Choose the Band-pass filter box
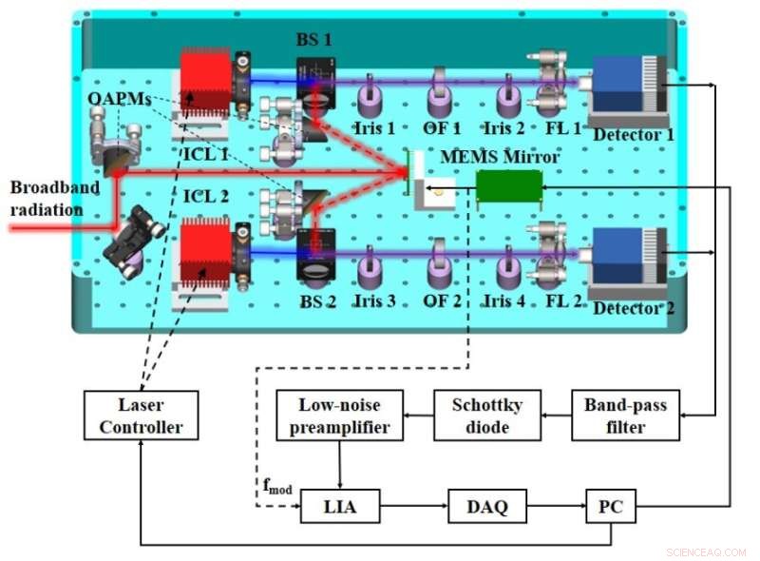tap(625, 415)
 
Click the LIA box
tap(339, 507)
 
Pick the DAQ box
tap(487, 507)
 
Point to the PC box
tap(608, 507)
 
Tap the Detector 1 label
tap(634, 134)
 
